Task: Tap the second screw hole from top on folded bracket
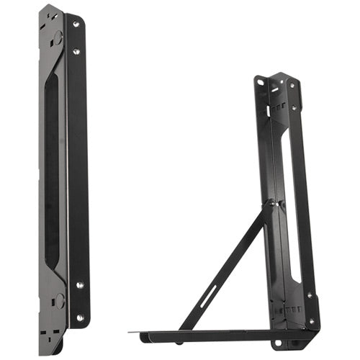coord(76,51)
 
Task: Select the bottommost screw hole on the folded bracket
coord(79,316)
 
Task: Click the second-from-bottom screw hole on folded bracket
coord(78,285)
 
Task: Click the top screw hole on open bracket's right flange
coord(292,84)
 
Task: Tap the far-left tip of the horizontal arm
coord(132,332)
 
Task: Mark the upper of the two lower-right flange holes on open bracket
coord(309,296)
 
